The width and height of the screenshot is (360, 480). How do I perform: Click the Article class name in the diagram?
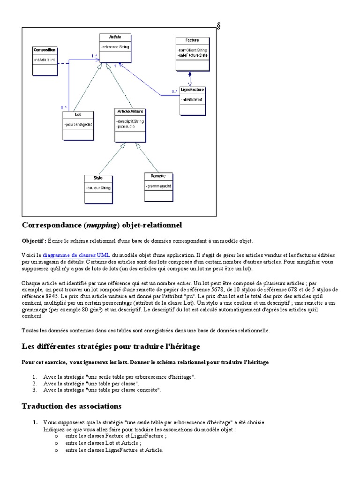115,37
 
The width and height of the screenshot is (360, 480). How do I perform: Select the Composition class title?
45,50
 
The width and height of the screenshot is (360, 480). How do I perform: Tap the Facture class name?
192,40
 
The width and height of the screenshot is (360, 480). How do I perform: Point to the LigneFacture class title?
192,89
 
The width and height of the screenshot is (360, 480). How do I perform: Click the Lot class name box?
78,114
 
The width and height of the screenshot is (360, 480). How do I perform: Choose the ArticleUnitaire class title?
129,111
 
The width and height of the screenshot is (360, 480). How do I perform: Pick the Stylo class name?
97,178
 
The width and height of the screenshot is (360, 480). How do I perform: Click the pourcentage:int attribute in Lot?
78,124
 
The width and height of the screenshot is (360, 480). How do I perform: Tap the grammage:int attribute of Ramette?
158,186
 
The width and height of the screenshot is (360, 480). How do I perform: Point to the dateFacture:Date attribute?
193,55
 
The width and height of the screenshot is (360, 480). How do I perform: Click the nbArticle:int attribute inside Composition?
45,60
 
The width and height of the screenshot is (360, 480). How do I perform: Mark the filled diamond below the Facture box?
190,74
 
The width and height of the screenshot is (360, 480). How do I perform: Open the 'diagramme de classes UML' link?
76,255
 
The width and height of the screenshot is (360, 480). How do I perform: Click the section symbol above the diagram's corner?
218,26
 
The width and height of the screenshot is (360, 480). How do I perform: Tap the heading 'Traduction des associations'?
72,406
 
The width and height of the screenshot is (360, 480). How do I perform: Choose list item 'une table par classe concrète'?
102,390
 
